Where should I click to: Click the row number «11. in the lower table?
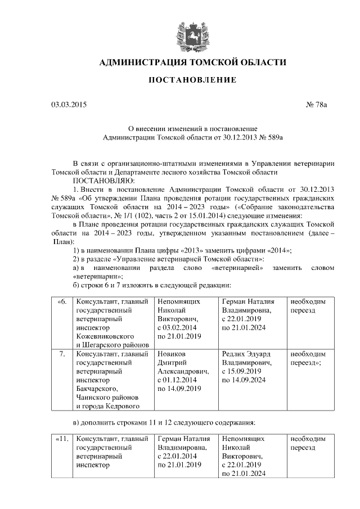62,439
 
